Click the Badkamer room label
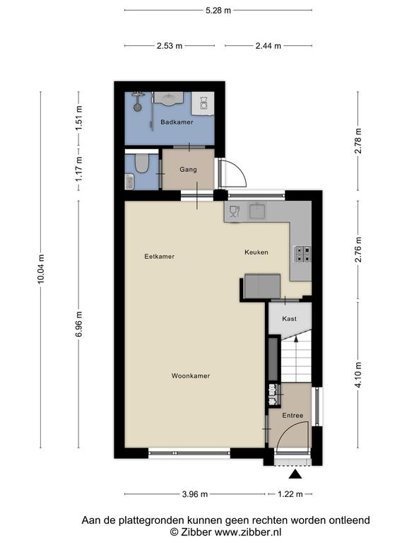[177, 122]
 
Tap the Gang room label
[188, 170]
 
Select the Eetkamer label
[160, 256]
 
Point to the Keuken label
[256, 252]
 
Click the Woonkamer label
[191, 375]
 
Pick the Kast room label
[289, 319]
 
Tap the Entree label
[293, 415]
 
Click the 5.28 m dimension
[218, 11]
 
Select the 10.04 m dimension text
[41, 269]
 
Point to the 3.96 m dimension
[195, 494]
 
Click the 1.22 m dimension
[290, 494]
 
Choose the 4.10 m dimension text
[358, 375]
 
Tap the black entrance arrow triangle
[295, 474]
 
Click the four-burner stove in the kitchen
[302, 254]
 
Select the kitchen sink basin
[257, 211]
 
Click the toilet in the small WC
[141, 163]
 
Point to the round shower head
[138, 107]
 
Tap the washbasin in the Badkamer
[169, 98]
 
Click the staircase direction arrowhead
[296, 339]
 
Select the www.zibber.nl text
[248, 532]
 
